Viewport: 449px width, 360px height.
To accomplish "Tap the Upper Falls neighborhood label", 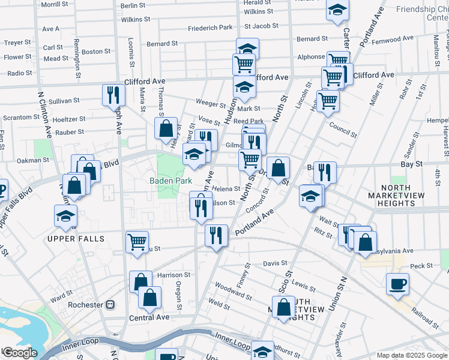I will (x=77, y=239).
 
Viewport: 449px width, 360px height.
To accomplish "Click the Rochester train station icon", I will (x=110, y=304).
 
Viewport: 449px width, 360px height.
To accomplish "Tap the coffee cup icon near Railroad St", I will (x=397, y=283).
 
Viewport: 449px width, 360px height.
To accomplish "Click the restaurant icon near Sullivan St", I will (x=113, y=94).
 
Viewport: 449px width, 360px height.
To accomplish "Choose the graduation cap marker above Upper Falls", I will (x=65, y=217).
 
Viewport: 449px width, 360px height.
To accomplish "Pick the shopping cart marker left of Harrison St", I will (x=137, y=242).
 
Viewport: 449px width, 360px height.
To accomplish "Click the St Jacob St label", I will (x=262, y=26).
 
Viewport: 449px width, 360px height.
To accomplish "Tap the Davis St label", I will (x=276, y=263).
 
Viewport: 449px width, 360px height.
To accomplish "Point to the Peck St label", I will (x=421, y=266).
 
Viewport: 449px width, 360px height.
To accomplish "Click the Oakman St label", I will (x=33, y=160).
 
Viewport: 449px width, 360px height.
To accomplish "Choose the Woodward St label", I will (x=233, y=292).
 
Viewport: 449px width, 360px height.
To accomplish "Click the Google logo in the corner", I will (x=20, y=353).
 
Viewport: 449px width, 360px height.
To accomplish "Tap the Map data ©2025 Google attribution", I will (x=411, y=355).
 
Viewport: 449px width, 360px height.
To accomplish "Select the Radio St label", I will (x=20, y=73).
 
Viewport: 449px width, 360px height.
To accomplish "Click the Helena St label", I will (x=226, y=189).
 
